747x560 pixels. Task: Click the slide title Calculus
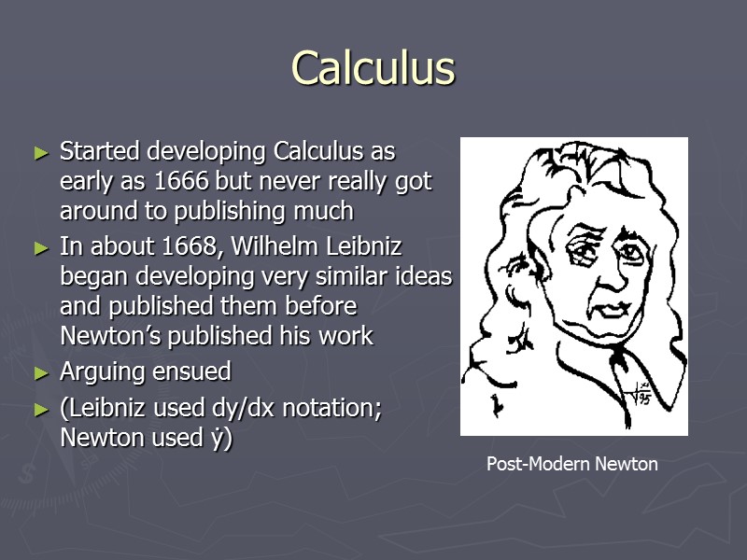(373, 68)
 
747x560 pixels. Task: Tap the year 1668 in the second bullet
(192, 248)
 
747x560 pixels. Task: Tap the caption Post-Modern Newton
(571, 464)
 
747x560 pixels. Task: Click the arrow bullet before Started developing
(40, 152)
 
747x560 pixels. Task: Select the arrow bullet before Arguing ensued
(40, 372)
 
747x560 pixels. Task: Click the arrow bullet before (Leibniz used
(40, 410)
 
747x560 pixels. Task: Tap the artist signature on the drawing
(641, 395)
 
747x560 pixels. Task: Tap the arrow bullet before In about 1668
(40, 249)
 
